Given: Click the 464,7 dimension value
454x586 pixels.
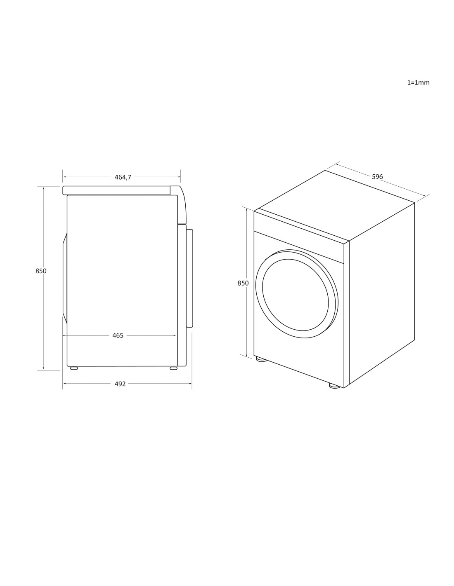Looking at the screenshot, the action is click(123, 177).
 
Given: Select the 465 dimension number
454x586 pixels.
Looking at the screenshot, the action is click(118, 335).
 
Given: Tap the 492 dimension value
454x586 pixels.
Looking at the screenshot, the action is click(120, 384).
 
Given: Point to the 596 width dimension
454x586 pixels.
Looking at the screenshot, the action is click(377, 177).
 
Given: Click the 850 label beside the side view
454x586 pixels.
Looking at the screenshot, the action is click(41, 271).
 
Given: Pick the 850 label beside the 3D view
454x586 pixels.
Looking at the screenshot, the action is click(243, 283).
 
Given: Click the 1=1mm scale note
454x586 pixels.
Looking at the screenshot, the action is click(419, 82).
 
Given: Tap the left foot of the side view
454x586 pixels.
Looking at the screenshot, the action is click(74, 368).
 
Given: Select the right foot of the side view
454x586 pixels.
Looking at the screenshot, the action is click(174, 368).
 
